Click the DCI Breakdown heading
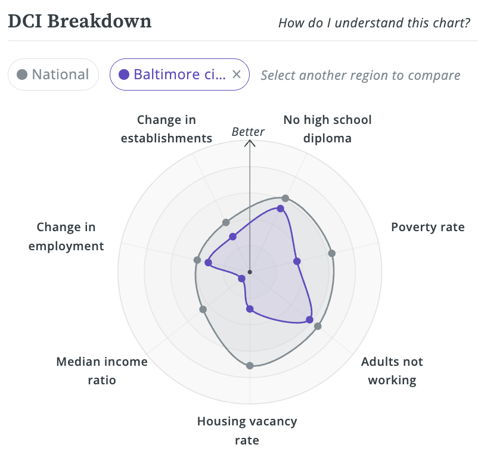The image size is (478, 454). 79,21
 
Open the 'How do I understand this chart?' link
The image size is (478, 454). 374,23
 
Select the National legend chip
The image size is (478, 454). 53,74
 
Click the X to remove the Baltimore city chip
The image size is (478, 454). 236,74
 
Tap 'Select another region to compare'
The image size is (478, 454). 360,76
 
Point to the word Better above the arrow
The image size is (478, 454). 248,132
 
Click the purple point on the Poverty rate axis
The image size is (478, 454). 297,261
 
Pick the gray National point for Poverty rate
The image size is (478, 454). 332,253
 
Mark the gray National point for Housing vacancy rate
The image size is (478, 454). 250,365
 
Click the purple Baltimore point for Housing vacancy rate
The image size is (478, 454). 250,309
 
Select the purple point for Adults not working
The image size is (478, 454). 309,320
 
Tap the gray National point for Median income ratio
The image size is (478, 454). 203,309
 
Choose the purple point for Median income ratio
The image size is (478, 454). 241,278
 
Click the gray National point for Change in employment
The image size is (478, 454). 197,260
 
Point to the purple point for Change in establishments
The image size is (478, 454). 232,237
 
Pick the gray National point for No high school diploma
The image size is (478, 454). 285,198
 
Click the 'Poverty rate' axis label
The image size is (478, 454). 427,227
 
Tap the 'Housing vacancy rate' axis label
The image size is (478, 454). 247,431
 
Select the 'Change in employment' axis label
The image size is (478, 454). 66,237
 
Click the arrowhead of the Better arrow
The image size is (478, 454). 250,144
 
